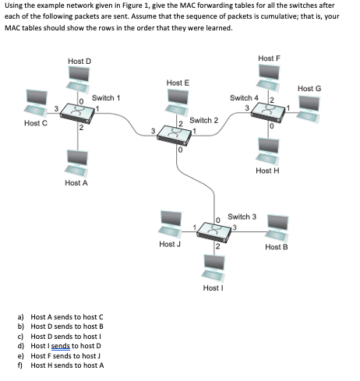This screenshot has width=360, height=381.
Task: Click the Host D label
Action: coord(79,61)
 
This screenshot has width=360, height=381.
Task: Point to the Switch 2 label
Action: coord(203,121)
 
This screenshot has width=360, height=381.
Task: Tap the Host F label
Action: coord(268,59)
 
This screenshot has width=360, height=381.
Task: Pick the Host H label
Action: coord(267,171)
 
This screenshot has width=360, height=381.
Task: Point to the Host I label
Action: coord(213,288)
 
